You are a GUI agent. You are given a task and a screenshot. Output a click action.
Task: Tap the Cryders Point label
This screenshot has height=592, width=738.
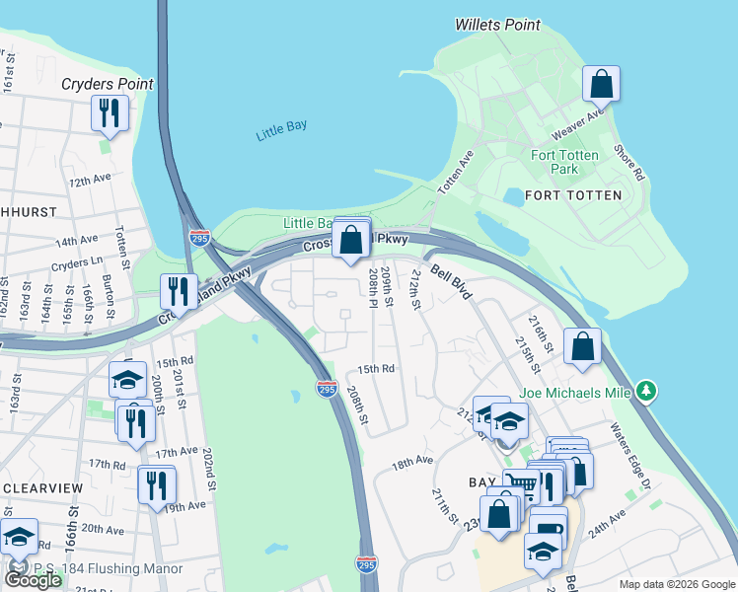pyautogui.click(x=107, y=84)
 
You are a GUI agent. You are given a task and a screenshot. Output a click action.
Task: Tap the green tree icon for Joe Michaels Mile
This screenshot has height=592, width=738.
pyautogui.click(x=646, y=391)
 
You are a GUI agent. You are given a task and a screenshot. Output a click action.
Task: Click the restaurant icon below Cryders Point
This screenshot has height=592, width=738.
pyautogui.click(x=109, y=112)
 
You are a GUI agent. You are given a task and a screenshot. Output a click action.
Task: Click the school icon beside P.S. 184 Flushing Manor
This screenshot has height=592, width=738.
pyautogui.click(x=19, y=538)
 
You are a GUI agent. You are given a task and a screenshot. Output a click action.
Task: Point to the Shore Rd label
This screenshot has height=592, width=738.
pyautogui.click(x=627, y=162)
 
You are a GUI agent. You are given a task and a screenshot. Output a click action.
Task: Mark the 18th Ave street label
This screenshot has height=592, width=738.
pyautogui.click(x=412, y=462)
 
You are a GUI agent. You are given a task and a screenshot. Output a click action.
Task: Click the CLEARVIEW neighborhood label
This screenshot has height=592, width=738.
pyautogui.click(x=34, y=487)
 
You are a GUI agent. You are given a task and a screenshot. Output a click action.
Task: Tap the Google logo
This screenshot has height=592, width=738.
pyautogui.click(x=33, y=580)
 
